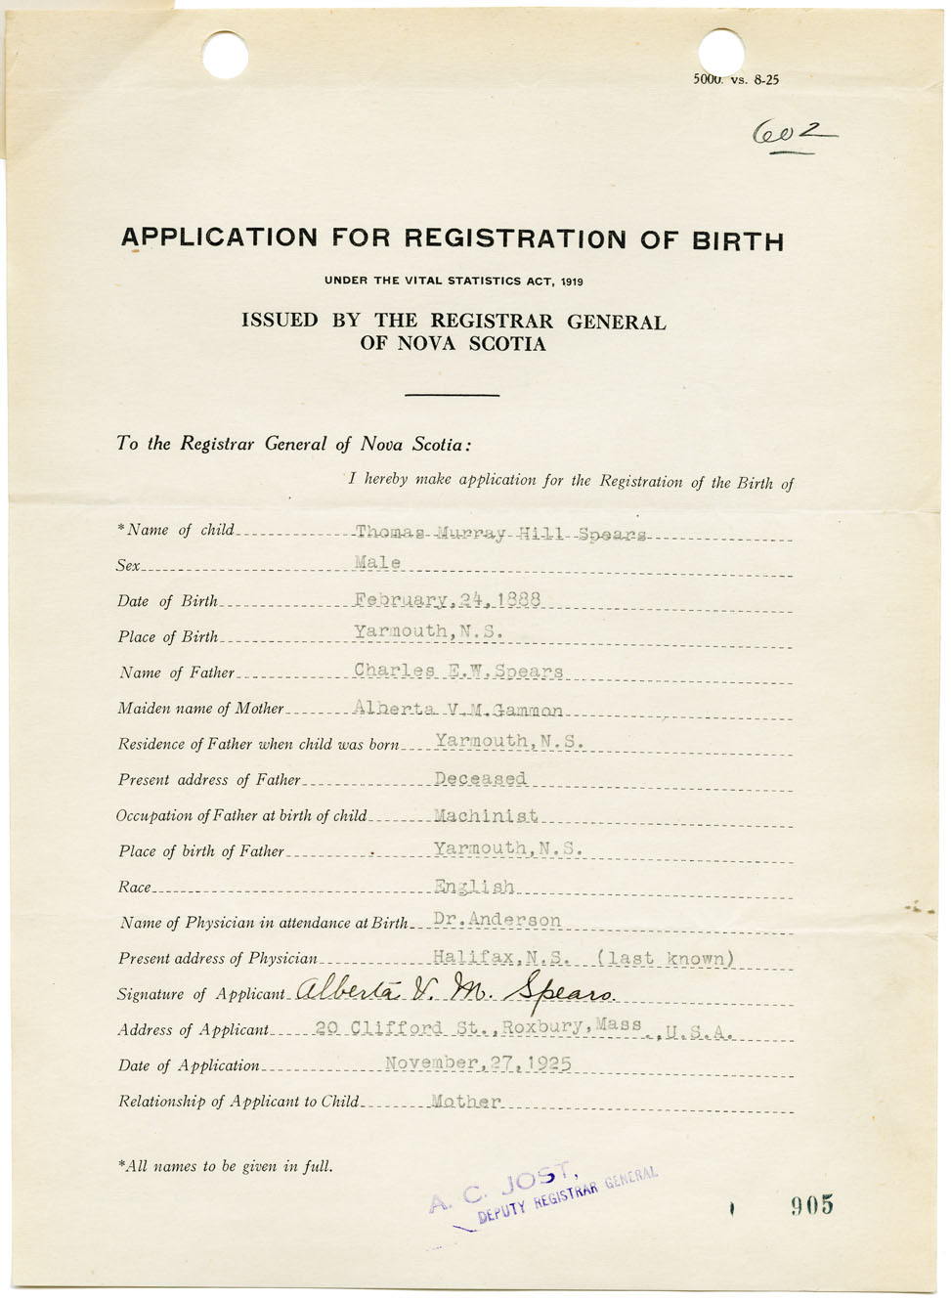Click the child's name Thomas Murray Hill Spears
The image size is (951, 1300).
pos(500,534)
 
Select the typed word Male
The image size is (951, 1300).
pos(377,563)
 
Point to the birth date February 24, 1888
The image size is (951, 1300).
pos(448,599)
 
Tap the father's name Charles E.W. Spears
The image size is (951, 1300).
pos(458,671)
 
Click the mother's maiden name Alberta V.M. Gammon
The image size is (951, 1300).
pos(457,710)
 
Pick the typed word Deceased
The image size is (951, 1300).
pos(480,778)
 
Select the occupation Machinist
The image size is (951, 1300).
pos(486,815)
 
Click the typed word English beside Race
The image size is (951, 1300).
pos(474,887)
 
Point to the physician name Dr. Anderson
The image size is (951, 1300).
pos(497,920)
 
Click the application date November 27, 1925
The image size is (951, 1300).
pos(478,1062)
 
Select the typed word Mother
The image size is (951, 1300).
pos(466,1101)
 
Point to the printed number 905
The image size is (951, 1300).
pos(812,1205)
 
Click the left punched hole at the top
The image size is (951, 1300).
pos(226,54)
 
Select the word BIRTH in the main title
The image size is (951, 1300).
pos(738,240)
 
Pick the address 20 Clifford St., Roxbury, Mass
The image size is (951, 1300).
pos(479,1027)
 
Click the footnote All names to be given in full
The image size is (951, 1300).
pos(226,1165)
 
